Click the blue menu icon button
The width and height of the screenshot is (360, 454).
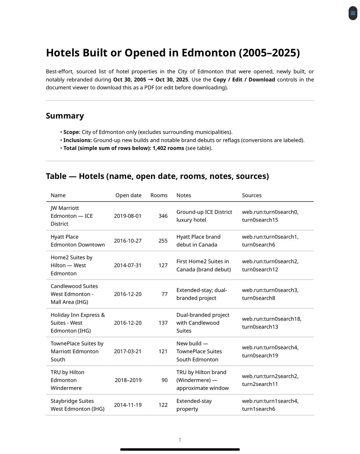point(353,13)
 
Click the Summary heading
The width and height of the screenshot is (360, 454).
point(65,116)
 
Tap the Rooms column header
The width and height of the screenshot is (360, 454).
point(159,195)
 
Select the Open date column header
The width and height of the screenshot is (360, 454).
point(128,195)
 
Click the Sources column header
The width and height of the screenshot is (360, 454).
point(252,195)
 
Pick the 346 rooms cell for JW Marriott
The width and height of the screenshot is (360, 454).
point(163,216)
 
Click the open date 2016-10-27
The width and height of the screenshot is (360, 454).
point(128,241)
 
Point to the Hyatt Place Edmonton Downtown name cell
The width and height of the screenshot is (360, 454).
point(78,241)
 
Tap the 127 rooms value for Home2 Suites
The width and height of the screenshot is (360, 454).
point(163,265)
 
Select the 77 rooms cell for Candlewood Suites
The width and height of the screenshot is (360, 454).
point(164,294)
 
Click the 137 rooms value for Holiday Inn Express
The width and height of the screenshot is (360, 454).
point(163,323)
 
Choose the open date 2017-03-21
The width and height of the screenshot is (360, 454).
point(128,351)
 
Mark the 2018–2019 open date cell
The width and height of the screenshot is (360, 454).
point(128,380)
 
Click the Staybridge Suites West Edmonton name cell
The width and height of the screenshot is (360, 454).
point(77,405)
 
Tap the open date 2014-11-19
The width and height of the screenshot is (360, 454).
point(128,405)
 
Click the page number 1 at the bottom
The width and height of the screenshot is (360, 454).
point(180,440)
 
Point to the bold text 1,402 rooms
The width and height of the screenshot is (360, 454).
point(168,148)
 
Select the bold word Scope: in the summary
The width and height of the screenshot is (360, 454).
point(72,132)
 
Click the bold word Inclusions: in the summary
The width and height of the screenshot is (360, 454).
point(78,140)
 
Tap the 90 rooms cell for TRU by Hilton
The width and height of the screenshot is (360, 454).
point(164,380)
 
